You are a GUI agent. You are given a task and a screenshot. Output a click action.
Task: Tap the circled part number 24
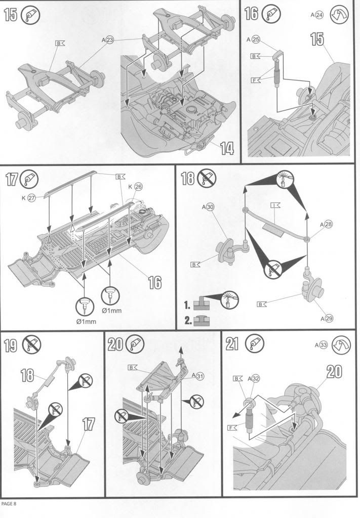(319, 15)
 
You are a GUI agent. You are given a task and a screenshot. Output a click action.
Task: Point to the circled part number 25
(255, 39)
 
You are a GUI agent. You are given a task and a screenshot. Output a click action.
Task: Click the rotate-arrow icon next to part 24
(339, 15)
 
